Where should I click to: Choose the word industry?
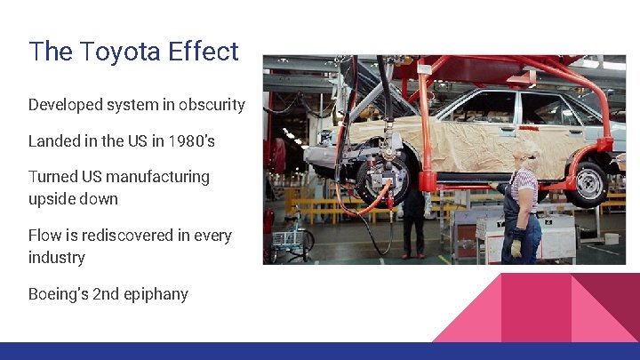(x=57, y=258)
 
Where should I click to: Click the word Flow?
(x=45, y=236)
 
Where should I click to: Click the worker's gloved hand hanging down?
(x=516, y=246)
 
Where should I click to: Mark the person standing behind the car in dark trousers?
(x=413, y=222)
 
